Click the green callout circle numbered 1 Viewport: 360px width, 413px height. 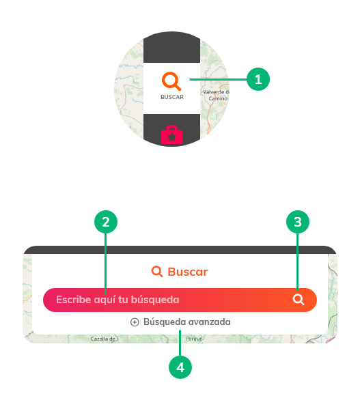pos(258,79)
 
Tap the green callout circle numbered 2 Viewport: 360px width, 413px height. pos(106,222)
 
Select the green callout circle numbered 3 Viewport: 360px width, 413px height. pos(298,222)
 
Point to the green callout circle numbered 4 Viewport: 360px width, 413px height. pos(180,367)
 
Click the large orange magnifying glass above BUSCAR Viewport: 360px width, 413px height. pos(171,81)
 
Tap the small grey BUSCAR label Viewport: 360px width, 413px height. pos(172,97)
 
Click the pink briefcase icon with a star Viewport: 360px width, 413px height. pos(172,134)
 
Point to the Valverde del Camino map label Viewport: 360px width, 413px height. pos(217,95)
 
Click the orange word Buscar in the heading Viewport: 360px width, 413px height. pos(188,272)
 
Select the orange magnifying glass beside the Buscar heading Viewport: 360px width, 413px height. pos(157,271)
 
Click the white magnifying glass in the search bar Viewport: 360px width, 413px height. pos(299,300)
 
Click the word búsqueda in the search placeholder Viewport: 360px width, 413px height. pos(155,300)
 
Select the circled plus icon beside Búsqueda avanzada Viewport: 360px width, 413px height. pos(135,322)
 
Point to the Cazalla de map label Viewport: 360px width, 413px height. pos(103,339)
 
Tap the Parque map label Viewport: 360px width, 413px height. pos(194,339)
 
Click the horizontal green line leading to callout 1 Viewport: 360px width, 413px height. pos(218,79)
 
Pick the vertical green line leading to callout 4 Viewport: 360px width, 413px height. pos(180,343)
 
